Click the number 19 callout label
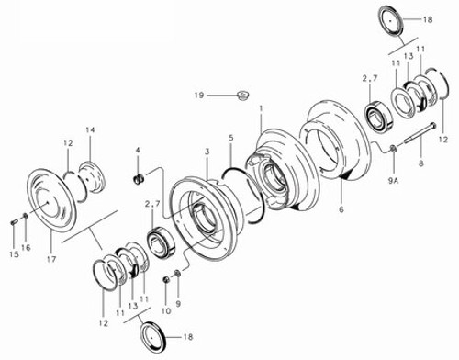tap(197, 94)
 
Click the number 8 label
tap(420, 163)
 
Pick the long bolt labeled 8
tap(417, 138)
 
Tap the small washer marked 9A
tap(392, 150)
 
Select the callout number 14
tap(90, 131)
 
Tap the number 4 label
tap(138, 150)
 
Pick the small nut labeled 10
tap(166, 277)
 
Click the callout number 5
tap(231, 138)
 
